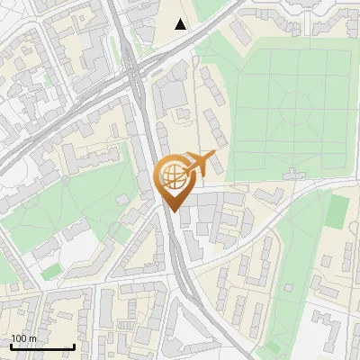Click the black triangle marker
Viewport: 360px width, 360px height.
(181, 24)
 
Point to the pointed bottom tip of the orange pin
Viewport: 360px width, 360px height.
(171, 211)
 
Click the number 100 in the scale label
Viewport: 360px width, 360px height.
(19, 338)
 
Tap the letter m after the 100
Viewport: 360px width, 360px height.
(32, 338)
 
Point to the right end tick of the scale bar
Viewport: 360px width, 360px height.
(73, 346)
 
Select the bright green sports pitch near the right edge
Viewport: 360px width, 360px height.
(337, 211)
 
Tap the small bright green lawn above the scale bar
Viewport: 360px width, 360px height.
(51, 270)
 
